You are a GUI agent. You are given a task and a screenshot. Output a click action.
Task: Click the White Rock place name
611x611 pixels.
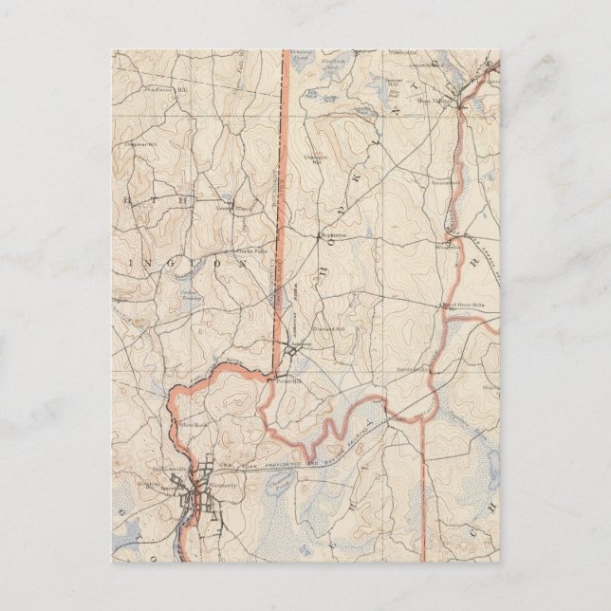[194, 426]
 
